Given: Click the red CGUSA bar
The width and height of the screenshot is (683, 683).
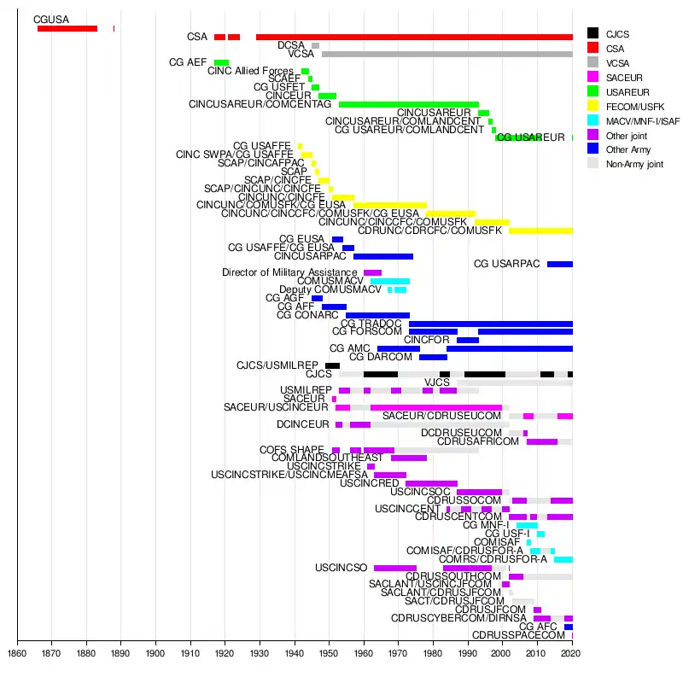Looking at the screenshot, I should coord(67,28).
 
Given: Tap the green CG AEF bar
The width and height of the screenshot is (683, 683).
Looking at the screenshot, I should coord(221,62).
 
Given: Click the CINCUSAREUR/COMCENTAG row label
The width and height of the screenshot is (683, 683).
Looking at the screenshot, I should coord(260,104).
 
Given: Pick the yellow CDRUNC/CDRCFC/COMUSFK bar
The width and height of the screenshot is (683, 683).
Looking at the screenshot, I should coord(540,231).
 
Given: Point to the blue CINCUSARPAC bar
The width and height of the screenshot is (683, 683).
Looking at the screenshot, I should coord(383,256).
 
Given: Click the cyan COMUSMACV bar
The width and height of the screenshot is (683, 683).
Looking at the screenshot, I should coord(390,281).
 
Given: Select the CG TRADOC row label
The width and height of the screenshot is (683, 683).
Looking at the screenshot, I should coord(371,324).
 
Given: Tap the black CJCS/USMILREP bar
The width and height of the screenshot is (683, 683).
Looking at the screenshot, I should coord(332,365).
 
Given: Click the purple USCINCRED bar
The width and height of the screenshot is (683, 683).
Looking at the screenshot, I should coord(431,483).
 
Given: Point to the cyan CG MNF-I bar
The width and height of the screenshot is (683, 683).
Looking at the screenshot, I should coord(527,525).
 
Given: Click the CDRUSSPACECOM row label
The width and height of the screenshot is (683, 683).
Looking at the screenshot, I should coord(518,635).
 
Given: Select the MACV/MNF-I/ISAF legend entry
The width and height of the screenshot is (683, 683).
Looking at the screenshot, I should coord(643,122).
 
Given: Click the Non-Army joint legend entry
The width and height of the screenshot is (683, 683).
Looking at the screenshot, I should coord(634,164).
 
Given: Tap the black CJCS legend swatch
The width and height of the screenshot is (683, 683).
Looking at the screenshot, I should coord(593,33).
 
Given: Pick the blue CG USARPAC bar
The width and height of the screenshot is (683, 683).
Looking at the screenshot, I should coord(560,264).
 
